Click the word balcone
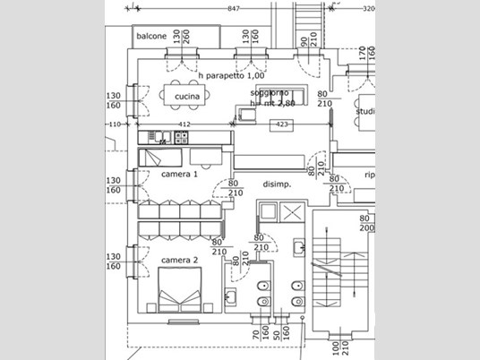[x=151, y=37]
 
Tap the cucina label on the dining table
[x=186, y=96]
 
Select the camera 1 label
[x=179, y=174]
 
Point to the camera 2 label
[x=179, y=261]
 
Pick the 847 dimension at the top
[x=234, y=8]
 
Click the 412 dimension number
[x=185, y=124]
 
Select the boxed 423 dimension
[x=281, y=124]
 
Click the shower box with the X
[x=292, y=213]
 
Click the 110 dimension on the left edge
[x=114, y=124]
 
